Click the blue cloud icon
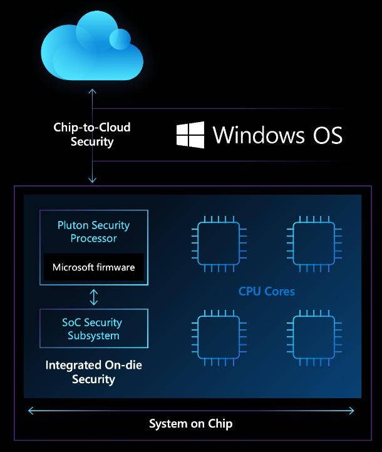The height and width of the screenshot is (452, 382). (91, 51)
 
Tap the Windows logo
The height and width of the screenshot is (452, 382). (190, 135)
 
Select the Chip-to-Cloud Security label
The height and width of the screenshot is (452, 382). (92, 135)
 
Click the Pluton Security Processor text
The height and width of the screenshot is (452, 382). (93, 232)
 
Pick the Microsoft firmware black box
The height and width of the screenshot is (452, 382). (93, 267)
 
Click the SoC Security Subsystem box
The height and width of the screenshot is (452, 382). (94, 329)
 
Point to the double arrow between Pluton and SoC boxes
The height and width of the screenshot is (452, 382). (94, 297)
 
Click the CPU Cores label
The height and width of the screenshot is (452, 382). (266, 291)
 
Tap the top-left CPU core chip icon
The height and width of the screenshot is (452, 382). (219, 240)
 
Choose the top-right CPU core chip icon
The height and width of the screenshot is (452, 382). (314, 240)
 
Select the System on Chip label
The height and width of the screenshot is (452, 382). (190, 424)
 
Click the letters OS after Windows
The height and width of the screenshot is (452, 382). (327, 135)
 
